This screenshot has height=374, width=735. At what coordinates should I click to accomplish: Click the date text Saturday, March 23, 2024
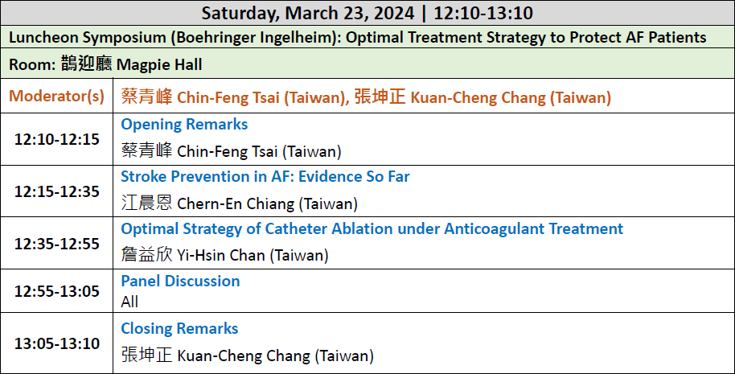[x=308, y=13]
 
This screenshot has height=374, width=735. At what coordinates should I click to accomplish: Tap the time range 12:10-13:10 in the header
[x=483, y=13]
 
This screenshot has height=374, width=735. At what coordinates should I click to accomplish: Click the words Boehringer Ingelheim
[x=255, y=38]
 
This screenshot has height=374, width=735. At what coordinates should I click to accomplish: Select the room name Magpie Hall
[x=159, y=64]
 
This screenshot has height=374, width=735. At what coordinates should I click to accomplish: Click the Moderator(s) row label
[x=57, y=96]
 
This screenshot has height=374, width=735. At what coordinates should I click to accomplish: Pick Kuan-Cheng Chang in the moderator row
[x=478, y=97]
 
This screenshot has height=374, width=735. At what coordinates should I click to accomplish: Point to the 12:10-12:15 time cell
[x=57, y=139]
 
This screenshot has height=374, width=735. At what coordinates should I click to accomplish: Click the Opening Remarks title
[x=184, y=124]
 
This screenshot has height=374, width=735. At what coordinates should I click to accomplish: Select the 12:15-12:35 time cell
[x=57, y=191]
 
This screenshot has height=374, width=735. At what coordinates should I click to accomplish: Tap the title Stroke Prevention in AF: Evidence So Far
[x=265, y=176]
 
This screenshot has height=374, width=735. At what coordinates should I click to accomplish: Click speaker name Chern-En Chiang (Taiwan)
[x=267, y=203]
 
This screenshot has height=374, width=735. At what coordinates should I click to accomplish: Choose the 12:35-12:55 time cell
[x=57, y=244]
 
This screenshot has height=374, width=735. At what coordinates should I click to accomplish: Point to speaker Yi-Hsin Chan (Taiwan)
[x=253, y=256]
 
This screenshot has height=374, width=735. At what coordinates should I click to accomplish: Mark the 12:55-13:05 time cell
[x=57, y=291]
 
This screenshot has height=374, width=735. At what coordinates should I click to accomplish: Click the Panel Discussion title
[x=180, y=281]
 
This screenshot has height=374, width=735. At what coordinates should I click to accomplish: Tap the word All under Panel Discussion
[x=129, y=302]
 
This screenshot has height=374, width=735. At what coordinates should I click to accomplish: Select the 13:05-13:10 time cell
[x=57, y=343]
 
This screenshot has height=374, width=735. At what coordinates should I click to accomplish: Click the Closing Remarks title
[x=179, y=328]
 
